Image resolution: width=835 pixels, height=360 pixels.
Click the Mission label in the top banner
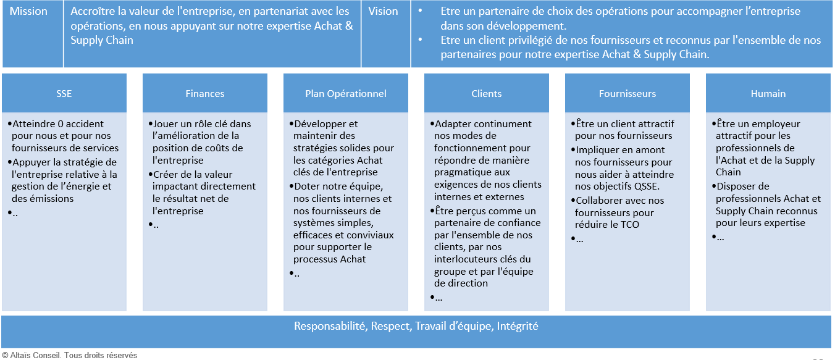pyautogui.click(x=28, y=11)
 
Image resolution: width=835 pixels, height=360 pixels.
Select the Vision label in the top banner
pyautogui.click(x=383, y=11)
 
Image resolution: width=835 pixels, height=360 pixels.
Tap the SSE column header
pyautogui.click(x=64, y=93)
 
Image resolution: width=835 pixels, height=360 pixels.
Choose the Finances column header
pyautogui.click(x=205, y=93)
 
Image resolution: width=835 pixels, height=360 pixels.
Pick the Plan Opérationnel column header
pyautogui.click(x=346, y=93)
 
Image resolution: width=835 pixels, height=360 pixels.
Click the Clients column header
pyautogui.click(x=487, y=93)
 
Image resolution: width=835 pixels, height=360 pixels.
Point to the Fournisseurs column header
pyautogui.click(x=627, y=93)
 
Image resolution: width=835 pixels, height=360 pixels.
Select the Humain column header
pyautogui.click(x=768, y=93)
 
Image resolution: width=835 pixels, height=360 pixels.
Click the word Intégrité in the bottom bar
pyautogui.click(x=518, y=326)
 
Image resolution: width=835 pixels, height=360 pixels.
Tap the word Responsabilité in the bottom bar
pyautogui.click(x=330, y=326)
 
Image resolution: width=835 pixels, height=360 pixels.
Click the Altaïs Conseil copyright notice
pyautogui.click(x=70, y=355)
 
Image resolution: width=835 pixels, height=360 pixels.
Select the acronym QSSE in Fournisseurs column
pyautogui.click(x=647, y=186)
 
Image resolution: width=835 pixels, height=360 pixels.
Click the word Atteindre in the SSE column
pyautogui.click(x=33, y=123)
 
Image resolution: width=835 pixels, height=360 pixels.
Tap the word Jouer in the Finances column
pyautogui.click(x=164, y=123)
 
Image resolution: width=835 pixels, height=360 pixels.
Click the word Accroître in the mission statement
pyautogui.click(x=93, y=11)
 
